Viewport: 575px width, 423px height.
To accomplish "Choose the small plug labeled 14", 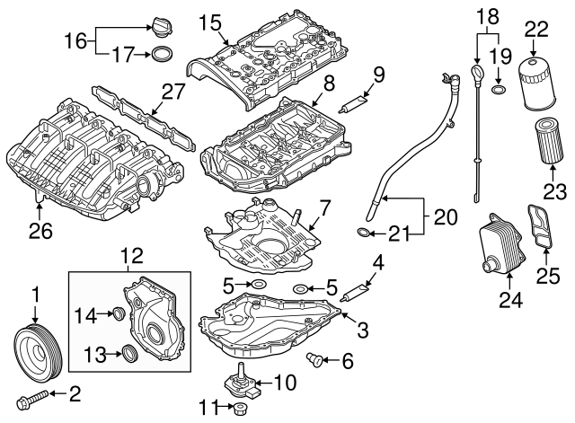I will pos(116,313).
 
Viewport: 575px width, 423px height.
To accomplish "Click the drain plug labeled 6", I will pos(314,360).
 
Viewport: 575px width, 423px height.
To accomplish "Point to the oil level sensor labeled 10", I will pos(245,381).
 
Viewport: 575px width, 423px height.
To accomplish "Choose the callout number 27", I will pos(172,91).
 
